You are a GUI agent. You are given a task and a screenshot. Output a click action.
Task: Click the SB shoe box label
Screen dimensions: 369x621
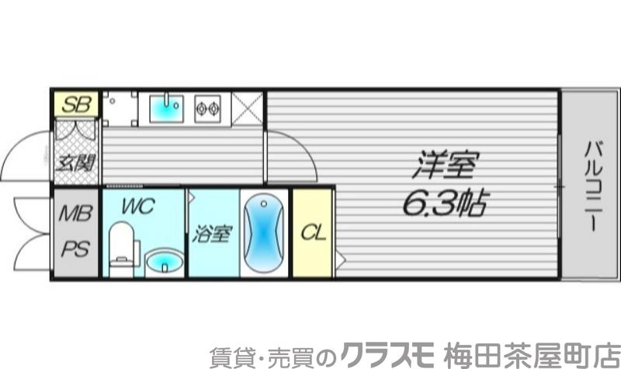tap(76, 103)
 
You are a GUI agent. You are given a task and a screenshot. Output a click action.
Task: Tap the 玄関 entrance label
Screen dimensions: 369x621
tap(76, 163)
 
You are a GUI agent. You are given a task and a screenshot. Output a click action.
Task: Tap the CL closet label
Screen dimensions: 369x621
tap(312, 232)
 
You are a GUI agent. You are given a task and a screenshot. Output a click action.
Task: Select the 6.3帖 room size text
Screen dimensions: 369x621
tap(444, 204)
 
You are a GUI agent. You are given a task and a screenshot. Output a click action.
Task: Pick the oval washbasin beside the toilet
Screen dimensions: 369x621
tap(164, 262)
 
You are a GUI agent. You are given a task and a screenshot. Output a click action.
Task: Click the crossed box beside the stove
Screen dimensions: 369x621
tap(248, 108)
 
